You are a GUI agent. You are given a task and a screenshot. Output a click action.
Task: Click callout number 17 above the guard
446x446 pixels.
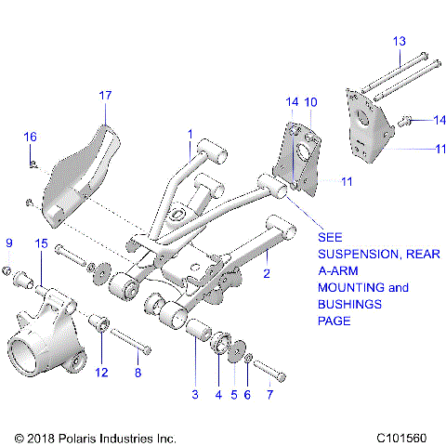[x=105, y=95]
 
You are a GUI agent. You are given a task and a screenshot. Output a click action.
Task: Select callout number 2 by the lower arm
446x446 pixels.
[x=267, y=273]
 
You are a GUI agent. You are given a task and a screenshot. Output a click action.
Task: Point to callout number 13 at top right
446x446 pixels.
[x=399, y=41]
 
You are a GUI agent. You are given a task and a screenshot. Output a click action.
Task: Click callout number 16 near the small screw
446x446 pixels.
[x=30, y=137]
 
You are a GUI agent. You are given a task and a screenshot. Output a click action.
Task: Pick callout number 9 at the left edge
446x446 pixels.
[x=9, y=243]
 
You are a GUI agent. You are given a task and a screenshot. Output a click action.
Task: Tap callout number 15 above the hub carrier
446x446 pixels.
[x=40, y=243]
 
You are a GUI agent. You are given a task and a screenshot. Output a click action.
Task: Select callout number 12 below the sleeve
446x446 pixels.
[x=101, y=372]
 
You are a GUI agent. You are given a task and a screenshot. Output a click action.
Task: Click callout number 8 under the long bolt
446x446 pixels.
[x=138, y=372]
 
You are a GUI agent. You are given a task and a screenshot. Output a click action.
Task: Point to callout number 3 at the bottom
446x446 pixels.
[x=195, y=394]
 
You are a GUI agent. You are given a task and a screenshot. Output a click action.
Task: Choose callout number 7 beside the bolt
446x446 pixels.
[x=270, y=394]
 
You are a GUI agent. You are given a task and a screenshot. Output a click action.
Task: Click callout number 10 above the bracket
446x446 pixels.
[x=310, y=101]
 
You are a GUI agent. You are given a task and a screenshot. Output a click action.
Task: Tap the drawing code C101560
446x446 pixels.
[x=404, y=436]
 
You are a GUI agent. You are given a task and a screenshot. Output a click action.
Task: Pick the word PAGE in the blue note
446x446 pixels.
[x=334, y=321]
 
